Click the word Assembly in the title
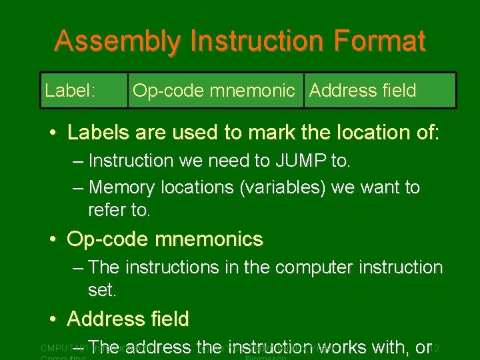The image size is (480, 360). click(x=117, y=41)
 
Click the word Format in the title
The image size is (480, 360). click(x=383, y=41)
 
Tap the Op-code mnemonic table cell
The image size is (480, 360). click(x=213, y=90)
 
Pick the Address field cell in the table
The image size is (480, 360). click(x=363, y=90)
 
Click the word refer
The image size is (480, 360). click(x=107, y=211)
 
